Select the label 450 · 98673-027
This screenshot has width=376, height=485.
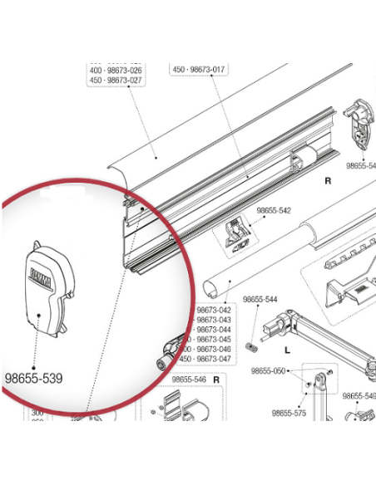pyautogui.click(x=116, y=81)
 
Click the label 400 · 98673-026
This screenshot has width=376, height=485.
pyautogui.click(x=116, y=71)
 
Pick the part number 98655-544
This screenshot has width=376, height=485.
pyautogui.click(x=259, y=299)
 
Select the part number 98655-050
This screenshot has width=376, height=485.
pyautogui.click(x=269, y=370)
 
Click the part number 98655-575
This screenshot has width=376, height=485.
pyautogui.click(x=289, y=412)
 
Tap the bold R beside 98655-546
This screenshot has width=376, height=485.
pyautogui.click(x=215, y=380)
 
